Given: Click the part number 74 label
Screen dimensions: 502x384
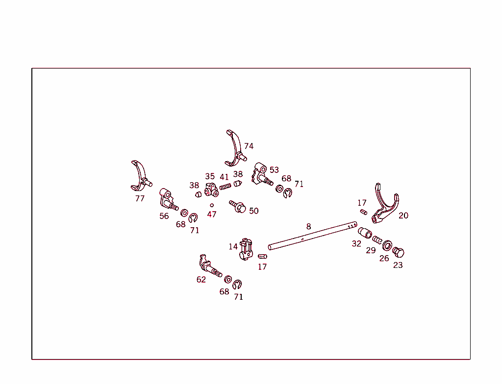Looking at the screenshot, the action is point(249,146).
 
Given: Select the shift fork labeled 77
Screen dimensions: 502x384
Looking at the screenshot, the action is point(140,176).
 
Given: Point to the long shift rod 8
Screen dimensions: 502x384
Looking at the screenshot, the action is point(312,236).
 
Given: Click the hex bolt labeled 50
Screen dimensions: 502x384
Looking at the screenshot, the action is point(238,206).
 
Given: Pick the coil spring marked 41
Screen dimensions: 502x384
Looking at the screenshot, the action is point(225,186).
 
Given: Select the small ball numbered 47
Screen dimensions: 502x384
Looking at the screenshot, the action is point(212,205).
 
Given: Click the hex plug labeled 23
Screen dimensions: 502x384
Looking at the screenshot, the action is point(398,252).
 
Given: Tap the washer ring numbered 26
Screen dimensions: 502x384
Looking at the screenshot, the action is point(387,246).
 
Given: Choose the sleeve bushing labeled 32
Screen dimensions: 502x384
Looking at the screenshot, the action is point(365,233).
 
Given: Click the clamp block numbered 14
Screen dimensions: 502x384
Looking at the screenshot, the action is point(246,250).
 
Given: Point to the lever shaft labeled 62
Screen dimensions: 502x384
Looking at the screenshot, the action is point(210,266).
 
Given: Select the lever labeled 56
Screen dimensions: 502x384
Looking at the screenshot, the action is point(168,199).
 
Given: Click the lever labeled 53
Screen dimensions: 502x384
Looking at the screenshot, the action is point(262,174).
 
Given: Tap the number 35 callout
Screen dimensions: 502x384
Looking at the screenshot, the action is point(210,176).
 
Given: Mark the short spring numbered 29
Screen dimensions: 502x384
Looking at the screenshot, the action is point(377,240).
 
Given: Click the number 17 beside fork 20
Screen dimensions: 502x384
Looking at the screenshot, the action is point(362,203).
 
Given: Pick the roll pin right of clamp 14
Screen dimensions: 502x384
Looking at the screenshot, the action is point(263,256).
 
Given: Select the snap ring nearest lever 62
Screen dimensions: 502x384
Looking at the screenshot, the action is point(237,284).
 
